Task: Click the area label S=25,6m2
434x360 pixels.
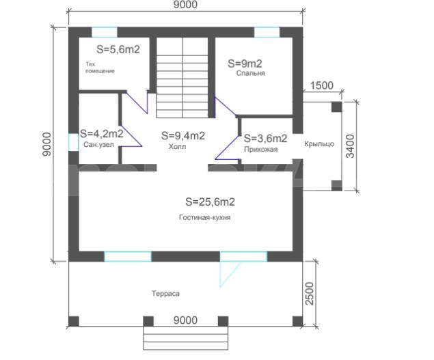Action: coord(210,202)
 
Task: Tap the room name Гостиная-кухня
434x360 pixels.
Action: coord(205,217)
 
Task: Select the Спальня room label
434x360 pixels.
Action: coord(251,73)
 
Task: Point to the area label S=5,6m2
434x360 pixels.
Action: coord(118,50)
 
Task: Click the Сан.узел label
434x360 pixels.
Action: coord(98,145)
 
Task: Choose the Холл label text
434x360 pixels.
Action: coord(177,147)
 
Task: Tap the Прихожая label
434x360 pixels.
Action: coord(260,150)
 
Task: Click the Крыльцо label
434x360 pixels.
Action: coord(319,144)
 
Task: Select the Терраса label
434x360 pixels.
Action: coord(165,293)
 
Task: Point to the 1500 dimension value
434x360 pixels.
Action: coord(321,85)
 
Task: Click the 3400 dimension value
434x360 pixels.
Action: coord(350,146)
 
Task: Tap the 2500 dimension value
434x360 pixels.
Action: coord(310,294)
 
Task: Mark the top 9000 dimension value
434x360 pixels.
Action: coord(185,4)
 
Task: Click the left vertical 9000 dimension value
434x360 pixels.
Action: coord(46,144)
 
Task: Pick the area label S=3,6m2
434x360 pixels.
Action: coord(265,139)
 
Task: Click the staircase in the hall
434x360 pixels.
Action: coord(182,77)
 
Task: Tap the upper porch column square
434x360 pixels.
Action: coord(336,107)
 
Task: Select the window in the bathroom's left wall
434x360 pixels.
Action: coord(74,142)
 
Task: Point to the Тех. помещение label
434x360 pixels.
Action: coord(100,68)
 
